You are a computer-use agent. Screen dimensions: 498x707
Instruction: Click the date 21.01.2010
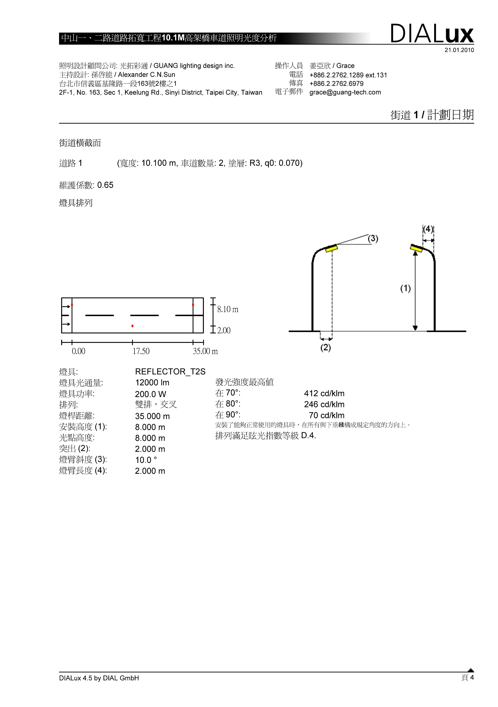coord(459,50)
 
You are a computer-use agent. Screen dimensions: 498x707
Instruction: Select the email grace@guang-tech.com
coord(345,92)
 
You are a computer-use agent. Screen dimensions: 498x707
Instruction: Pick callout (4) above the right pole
coord(428,229)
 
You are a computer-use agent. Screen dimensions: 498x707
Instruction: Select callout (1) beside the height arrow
coord(405,289)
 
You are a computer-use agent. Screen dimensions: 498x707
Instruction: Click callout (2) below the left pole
coord(326,348)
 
